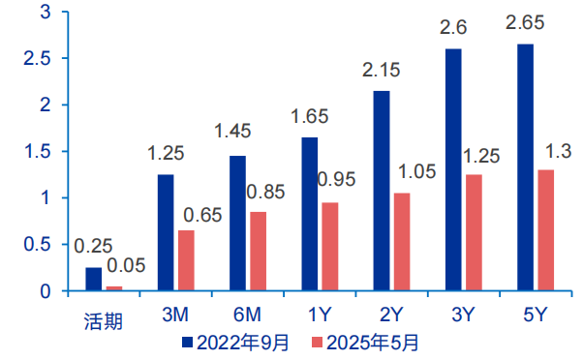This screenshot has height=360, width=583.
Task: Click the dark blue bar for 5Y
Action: pyautogui.click(x=526, y=167)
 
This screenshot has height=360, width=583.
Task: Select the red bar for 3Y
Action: pyautogui.click(x=473, y=232)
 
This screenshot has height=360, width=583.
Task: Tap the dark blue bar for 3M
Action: pyautogui.click(x=166, y=232)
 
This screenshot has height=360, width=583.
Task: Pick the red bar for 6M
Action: pyautogui.click(x=257, y=251)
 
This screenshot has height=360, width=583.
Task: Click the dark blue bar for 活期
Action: pyautogui.click(x=94, y=279)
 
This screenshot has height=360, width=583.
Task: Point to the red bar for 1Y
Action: pyautogui.click(x=330, y=246)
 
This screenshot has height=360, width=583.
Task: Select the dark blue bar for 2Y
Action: pyautogui.click(x=382, y=191)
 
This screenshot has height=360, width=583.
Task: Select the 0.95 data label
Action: pyautogui.click(x=337, y=181)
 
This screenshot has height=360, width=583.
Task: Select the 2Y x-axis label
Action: pyautogui.click(x=392, y=315)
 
